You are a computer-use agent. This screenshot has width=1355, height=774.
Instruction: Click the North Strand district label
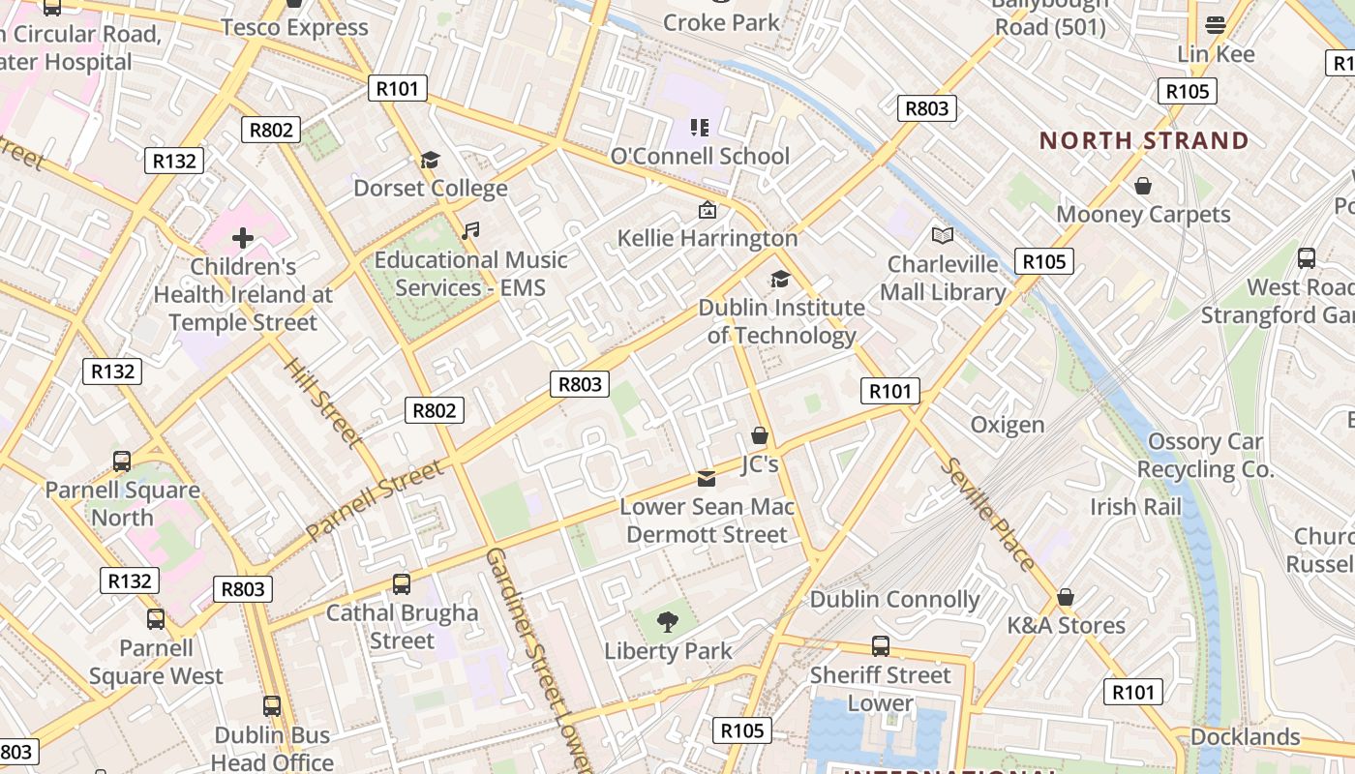point(1144,141)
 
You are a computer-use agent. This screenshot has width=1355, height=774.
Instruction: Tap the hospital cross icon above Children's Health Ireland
point(243,237)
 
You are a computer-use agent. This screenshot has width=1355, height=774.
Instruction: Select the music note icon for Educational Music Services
point(470,231)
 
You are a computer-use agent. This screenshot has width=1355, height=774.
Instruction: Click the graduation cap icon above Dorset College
point(430,160)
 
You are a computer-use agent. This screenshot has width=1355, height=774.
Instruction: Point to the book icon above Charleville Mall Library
point(943,235)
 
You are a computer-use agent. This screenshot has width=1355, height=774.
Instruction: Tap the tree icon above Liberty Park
point(668,622)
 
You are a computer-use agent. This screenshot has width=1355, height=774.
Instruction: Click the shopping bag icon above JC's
point(760,436)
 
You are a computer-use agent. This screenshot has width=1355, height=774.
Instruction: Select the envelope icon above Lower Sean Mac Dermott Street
point(707,479)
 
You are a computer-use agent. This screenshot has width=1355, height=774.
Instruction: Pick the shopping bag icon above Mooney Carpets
point(1143,186)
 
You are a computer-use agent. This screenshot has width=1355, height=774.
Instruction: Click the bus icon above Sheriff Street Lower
point(881,645)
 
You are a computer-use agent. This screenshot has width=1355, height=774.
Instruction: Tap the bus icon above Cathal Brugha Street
point(402,584)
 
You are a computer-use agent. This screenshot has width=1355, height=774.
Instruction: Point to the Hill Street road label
point(323,402)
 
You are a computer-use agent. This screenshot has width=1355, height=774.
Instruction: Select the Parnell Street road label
point(376,500)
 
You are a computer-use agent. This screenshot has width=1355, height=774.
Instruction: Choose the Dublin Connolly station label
point(894,600)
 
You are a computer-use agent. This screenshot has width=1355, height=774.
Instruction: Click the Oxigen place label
point(1008,425)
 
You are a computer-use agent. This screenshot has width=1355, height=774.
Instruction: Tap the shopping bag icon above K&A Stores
point(1066,597)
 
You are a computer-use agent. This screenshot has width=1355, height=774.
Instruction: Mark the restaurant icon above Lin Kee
point(1216,25)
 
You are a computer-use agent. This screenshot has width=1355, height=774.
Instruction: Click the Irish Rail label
point(1135,507)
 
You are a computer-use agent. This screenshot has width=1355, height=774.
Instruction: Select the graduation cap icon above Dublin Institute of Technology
point(780,280)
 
